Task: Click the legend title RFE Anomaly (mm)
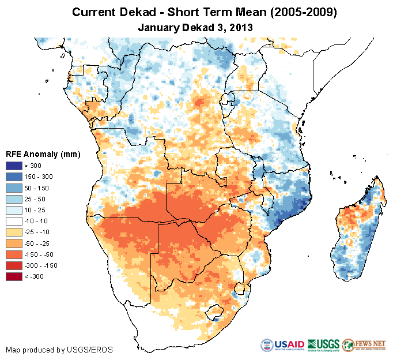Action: [43, 154]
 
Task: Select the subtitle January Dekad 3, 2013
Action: [196, 27]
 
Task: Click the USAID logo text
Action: [292, 345]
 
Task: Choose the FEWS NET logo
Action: [364, 344]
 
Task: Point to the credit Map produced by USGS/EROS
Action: [59, 350]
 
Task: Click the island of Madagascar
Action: [356, 231]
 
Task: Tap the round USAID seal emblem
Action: [269, 345]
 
